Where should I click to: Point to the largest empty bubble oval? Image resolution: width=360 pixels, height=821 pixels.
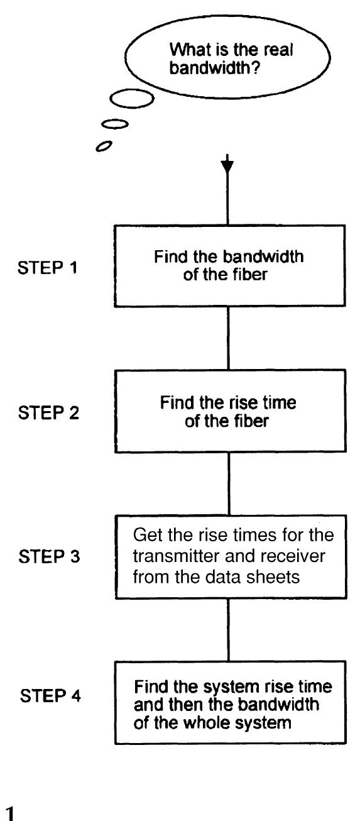131,99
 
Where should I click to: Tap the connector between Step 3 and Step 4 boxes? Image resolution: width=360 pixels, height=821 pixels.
229,629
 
